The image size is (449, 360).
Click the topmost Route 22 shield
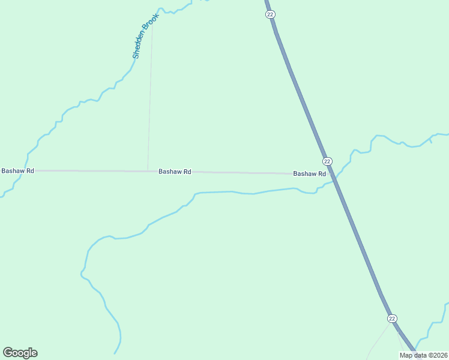coord(270,14)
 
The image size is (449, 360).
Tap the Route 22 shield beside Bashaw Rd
coord(327,161)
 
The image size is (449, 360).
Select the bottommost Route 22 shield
coord(392,318)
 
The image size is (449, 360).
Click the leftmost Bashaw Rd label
coord(18,171)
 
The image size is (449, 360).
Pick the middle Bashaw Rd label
coord(175,172)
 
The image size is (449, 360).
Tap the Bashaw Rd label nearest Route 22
coord(309,174)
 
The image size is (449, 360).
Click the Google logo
coord(20,353)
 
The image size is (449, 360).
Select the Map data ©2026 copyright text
coord(423,355)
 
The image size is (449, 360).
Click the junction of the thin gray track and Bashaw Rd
coord(148,171)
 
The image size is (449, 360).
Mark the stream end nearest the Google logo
coord(115,353)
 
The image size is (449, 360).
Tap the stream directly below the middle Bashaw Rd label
coord(174,212)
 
